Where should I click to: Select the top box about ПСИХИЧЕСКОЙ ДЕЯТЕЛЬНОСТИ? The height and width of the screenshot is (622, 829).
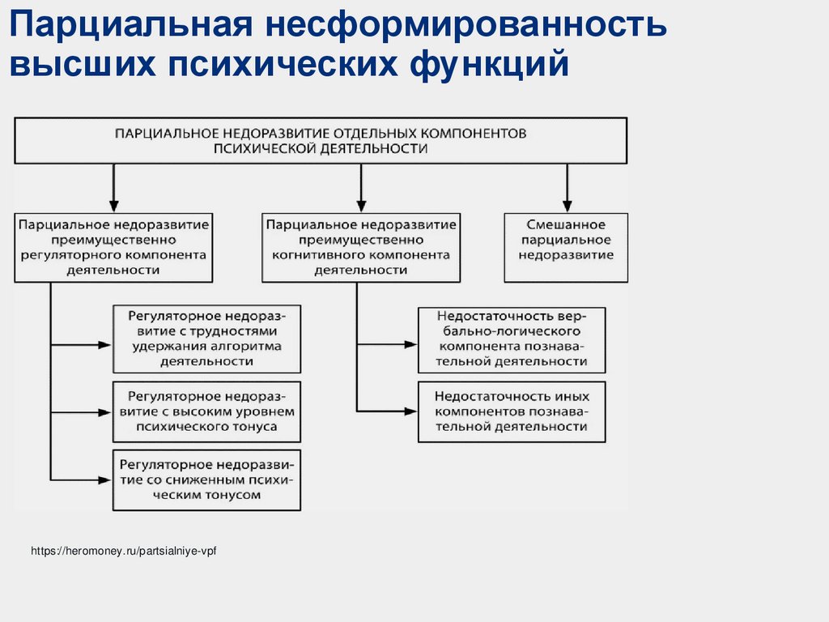[320, 140]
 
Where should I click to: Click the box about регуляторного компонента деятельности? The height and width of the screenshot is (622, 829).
[113, 247]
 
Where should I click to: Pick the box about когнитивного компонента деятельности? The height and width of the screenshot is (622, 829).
[360, 247]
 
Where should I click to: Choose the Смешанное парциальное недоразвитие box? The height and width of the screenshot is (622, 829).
[565, 247]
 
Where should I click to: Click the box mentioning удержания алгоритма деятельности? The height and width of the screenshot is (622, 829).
[206, 337]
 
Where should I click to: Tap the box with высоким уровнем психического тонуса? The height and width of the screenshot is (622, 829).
[206, 411]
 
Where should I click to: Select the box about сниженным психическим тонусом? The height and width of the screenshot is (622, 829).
[206, 479]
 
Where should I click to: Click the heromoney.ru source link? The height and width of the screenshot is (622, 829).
[124, 551]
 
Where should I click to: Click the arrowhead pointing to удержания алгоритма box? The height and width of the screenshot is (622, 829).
[104, 344]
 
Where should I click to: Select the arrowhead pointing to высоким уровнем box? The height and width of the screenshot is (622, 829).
[104, 411]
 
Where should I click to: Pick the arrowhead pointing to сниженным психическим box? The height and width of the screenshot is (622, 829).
[104, 479]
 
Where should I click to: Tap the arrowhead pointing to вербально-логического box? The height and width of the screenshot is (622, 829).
[410, 344]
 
